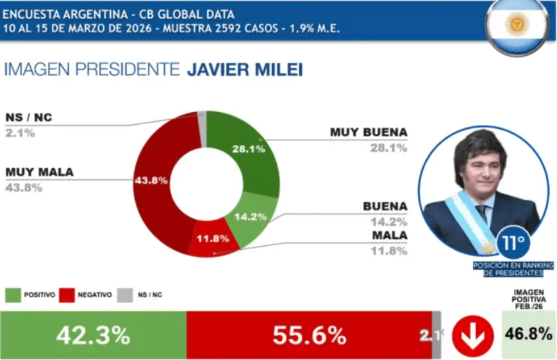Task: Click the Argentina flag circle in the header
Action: (x=517, y=24)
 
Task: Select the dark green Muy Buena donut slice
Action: (x=247, y=144)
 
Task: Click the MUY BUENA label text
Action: (x=369, y=133)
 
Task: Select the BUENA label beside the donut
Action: (x=385, y=206)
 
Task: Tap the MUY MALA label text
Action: (x=39, y=172)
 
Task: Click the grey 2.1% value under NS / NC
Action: (x=20, y=133)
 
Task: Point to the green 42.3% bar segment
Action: (x=93, y=335)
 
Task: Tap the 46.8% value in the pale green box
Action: (x=528, y=334)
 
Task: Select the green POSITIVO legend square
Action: (x=12, y=295)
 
